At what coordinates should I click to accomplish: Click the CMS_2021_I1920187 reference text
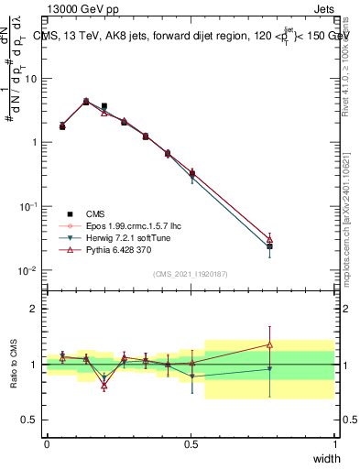click(x=191, y=273)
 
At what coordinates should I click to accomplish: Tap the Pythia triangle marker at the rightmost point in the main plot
click(x=269, y=238)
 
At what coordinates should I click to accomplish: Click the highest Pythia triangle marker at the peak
click(x=86, y=102)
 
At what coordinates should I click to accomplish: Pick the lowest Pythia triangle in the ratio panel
click(x=104, y=386)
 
